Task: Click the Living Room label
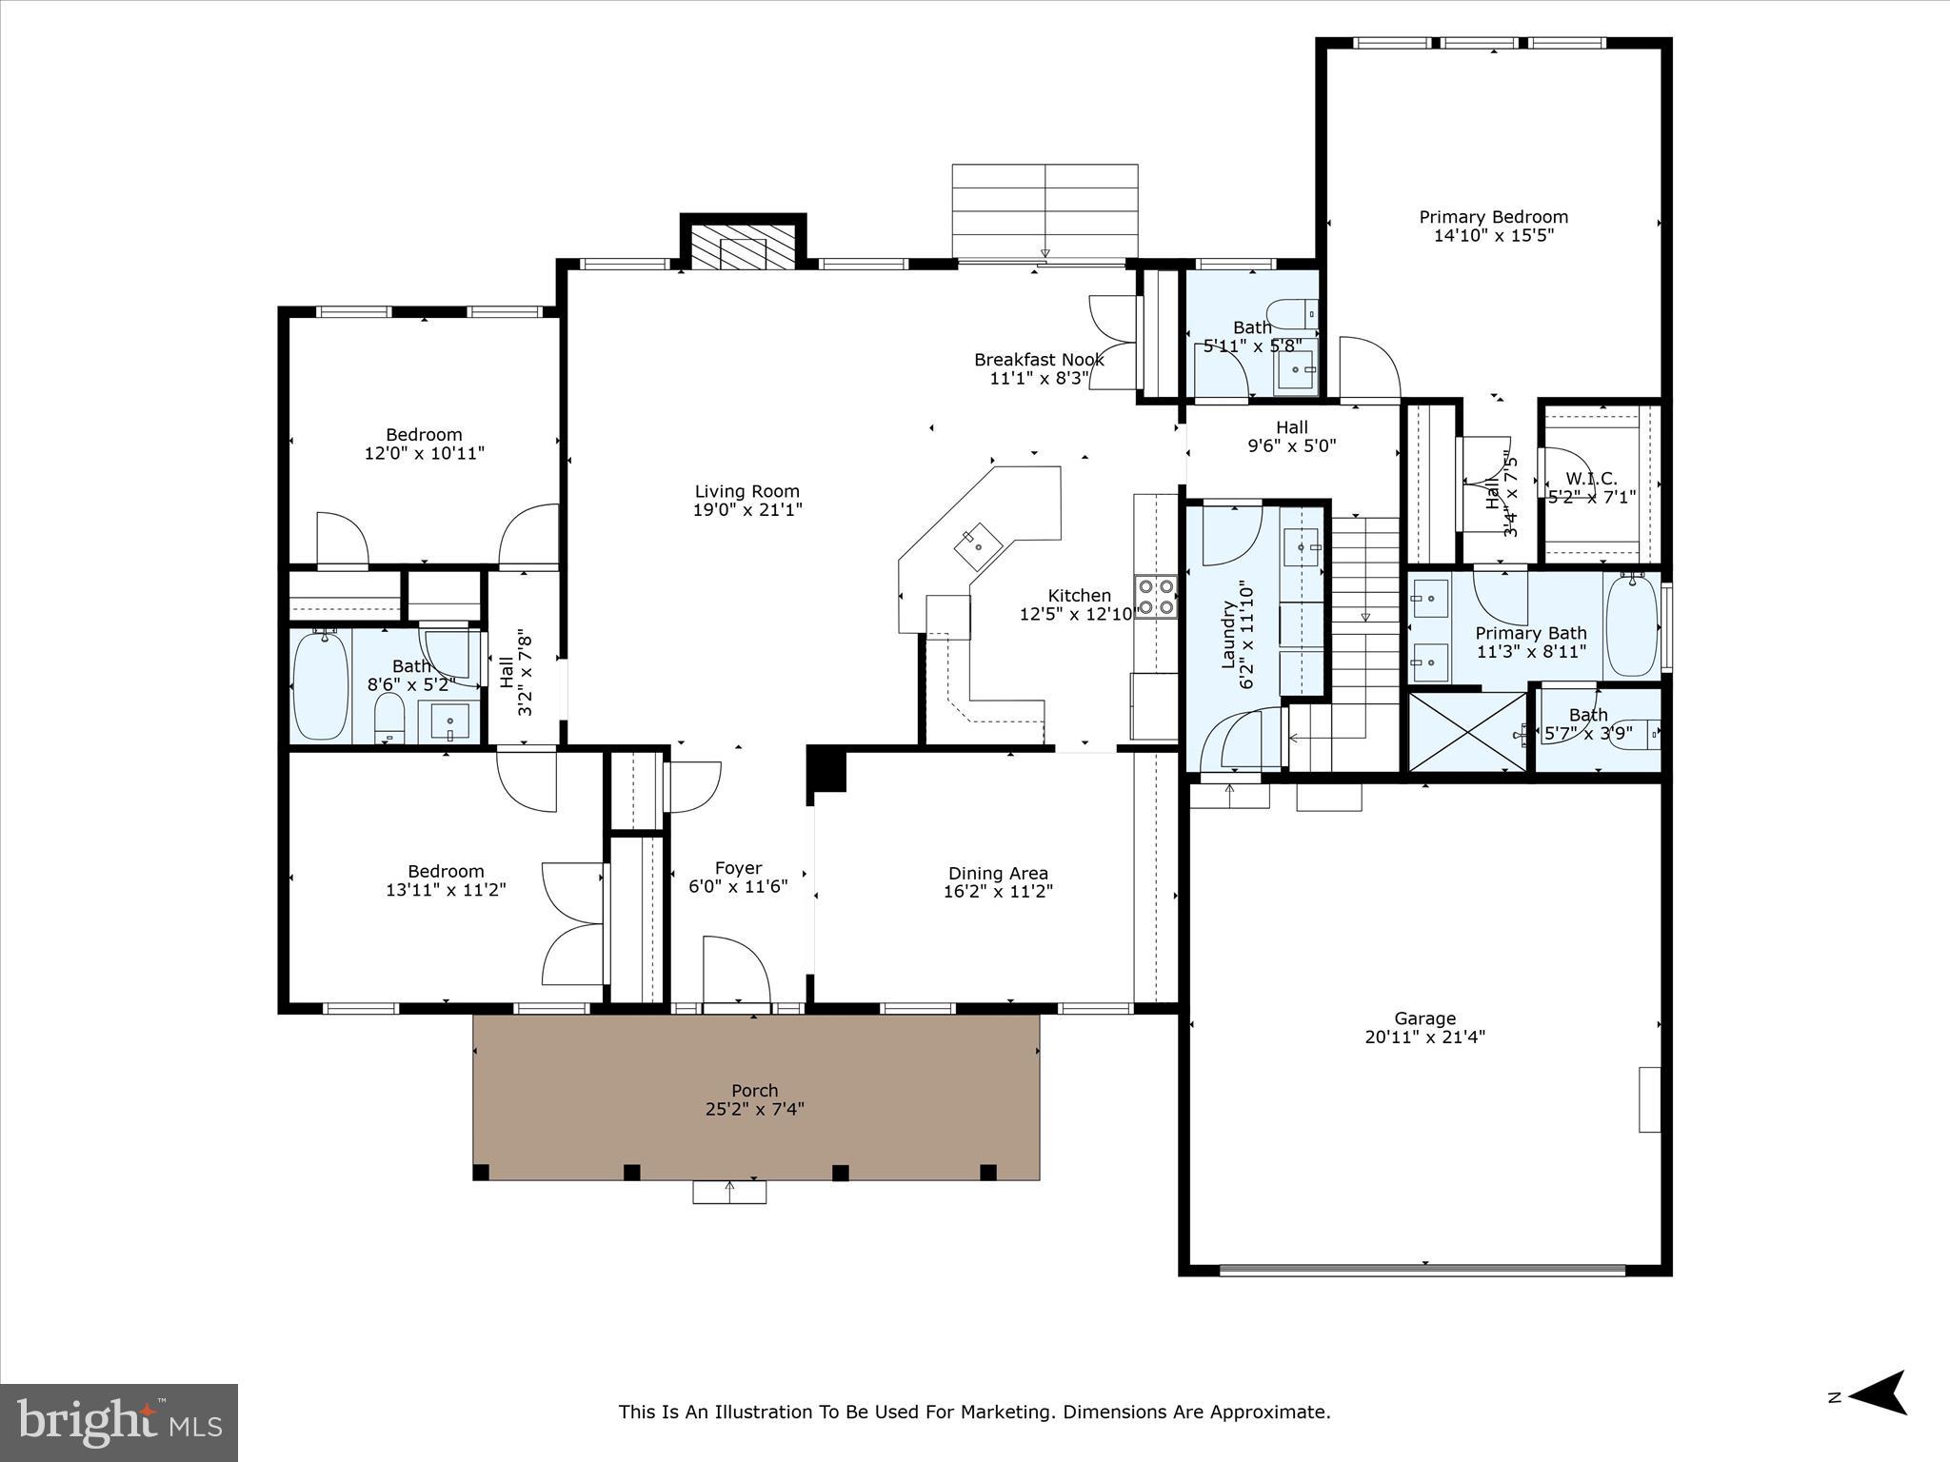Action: click(x=746, y=491)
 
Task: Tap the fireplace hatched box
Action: click(x=743, y=247)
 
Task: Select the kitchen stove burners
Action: click(x=1155, y=597)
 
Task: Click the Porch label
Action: click(x=754, y=1090)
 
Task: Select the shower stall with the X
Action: click(x=1466, y=731)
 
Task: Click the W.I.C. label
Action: click(x=1591, y=479)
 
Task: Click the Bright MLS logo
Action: click(x=118, y=1422)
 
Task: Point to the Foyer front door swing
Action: click(x=734, y=968)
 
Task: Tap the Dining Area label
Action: click(x=998, y=873)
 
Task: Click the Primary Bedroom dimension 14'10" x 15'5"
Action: click(x=1493, y=235)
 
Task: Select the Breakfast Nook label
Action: click(x=1039, y=360)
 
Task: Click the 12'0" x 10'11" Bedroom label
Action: click(x=424, y=435)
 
